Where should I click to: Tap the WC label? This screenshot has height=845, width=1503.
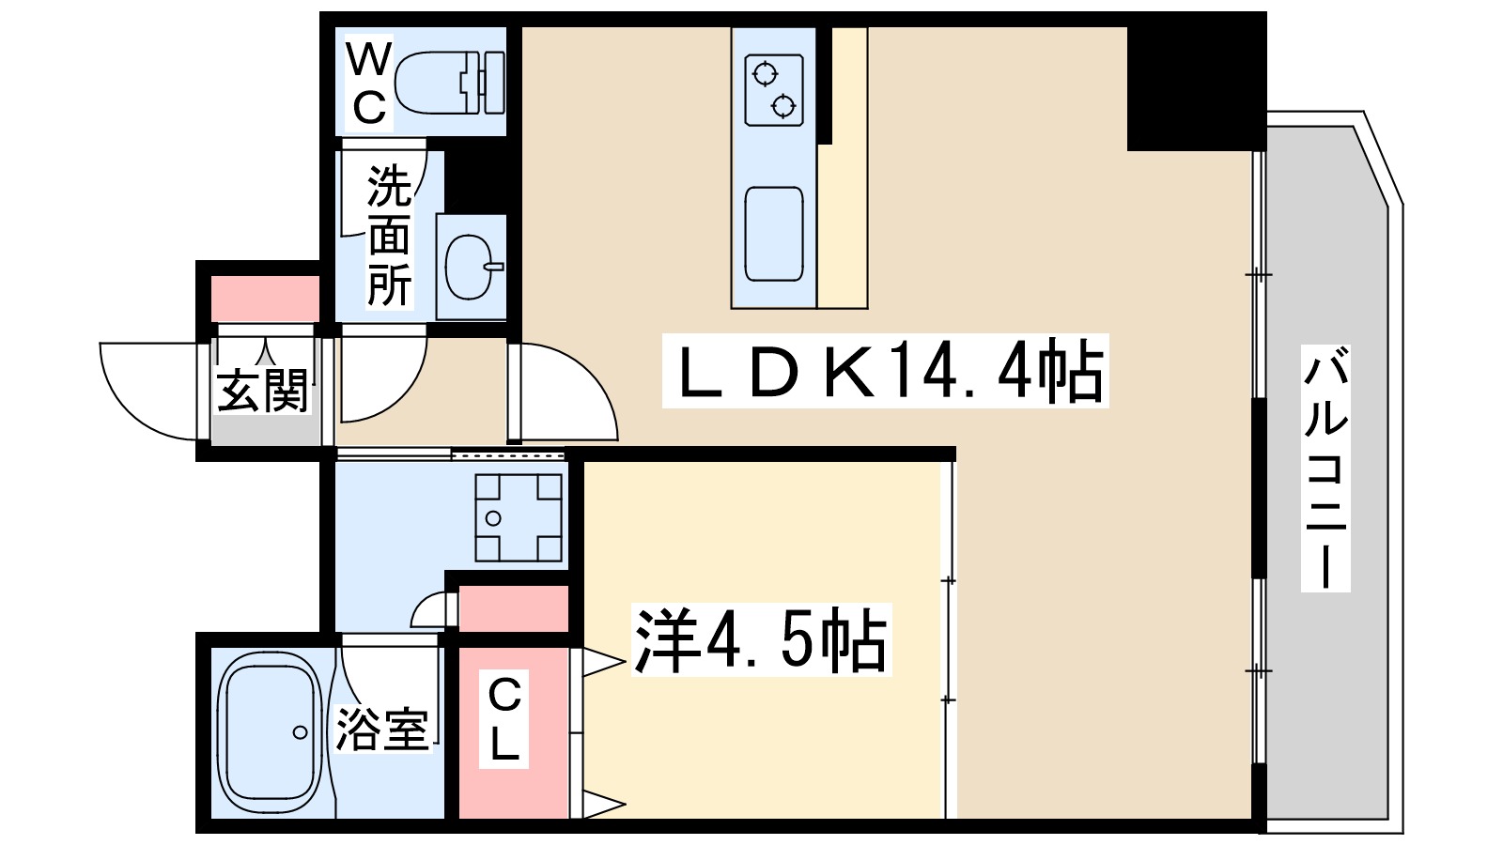tap(368, 84)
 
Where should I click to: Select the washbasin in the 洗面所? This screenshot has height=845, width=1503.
tap(470, 267)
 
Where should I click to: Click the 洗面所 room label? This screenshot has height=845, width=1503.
tap(389, 236)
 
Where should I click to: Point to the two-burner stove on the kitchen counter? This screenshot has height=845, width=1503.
tap(774, 89)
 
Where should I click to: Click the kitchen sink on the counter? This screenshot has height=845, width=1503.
tap(774, 235)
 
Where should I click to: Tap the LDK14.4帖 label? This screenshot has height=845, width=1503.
tap(885, 371)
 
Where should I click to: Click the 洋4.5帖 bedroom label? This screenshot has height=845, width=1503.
tap(761, 640)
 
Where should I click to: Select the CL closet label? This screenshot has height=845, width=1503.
tap(504, 719)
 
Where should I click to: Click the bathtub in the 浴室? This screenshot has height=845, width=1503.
tap(270, 732)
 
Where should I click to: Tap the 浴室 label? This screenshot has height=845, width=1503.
tap(382, 728)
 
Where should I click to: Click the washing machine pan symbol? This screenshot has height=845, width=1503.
tap(518, 517)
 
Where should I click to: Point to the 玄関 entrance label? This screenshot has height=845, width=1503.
tap(263, 391)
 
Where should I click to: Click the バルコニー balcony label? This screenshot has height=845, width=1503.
tap(1325, 468)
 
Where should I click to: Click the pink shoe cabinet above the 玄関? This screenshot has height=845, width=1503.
tap(265, 299)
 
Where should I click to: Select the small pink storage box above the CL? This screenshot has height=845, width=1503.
tap(513, 608)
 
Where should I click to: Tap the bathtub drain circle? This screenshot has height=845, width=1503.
tap(301, 732)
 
